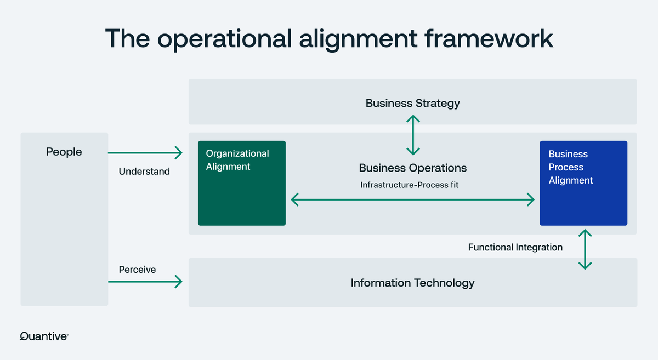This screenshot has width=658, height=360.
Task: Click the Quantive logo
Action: (44, 336)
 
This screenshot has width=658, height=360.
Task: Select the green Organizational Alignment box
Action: (241, 183)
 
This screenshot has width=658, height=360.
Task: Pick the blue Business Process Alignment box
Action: (583, 183)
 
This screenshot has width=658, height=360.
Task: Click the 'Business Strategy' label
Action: (412, 103)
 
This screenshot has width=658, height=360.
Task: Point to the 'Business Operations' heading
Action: (412, 168)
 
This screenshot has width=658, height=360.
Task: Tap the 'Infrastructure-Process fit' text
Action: (409, 185)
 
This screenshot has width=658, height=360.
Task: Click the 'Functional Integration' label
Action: (515, 248)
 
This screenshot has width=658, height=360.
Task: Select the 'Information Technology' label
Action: (412, 283)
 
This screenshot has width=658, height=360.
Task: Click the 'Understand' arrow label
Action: (144, 172)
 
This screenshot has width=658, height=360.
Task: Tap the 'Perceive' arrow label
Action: (137, 270)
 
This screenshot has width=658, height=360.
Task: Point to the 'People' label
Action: (64, 152)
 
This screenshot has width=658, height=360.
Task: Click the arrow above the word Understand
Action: (145, 153)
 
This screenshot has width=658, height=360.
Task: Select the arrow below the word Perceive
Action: (145, 282)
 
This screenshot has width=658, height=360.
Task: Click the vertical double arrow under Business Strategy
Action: (413, 135)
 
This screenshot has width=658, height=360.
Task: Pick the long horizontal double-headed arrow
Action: (412, 200)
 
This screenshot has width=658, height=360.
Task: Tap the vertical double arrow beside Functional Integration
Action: (585, 249)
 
